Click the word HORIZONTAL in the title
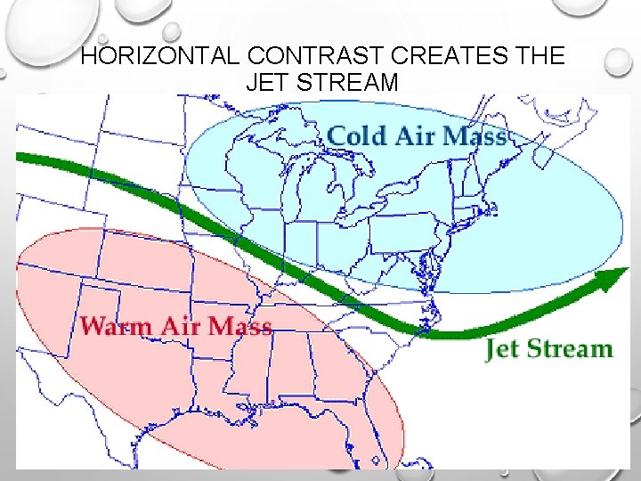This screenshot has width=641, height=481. coord(159,55)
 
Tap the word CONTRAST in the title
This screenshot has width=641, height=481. coord(312,55)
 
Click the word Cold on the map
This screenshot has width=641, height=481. coord(357,136)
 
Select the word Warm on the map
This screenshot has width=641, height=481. coord(116,325)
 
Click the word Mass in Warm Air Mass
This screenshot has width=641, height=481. coord(240,325)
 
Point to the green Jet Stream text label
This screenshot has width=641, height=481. coord(549,348)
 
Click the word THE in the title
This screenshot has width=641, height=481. coord(539,55)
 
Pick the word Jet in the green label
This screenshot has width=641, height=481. coord(503,348)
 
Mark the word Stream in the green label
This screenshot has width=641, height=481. coord(570,348)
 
